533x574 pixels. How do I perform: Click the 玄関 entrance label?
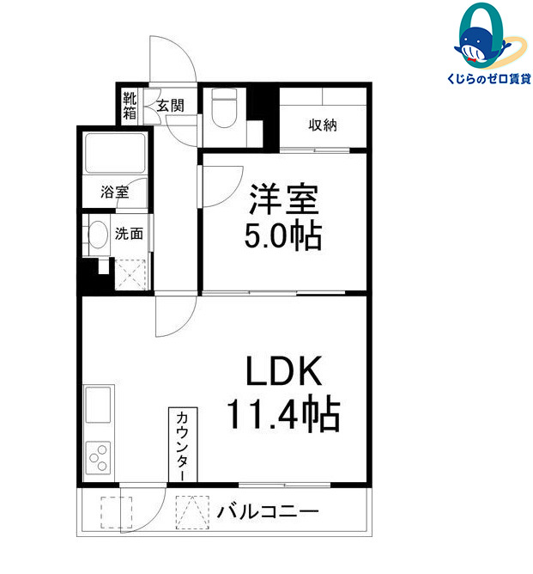click(170, 106)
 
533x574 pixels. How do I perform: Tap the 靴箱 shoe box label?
click(130, 105)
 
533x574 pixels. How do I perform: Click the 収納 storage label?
click(323, 125)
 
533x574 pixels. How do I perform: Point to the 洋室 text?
click(283, 201)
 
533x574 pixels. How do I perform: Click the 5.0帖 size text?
click(283, 235)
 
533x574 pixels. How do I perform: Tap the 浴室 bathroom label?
click(116, 192)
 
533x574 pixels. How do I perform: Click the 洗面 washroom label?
click(129, 233)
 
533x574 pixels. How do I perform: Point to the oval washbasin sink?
click(98, 234)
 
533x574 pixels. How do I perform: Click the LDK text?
click(284, 371)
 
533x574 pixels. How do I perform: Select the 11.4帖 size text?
click(283, 415)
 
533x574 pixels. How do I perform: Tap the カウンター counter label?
click(183, 445)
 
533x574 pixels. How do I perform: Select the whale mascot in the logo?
click(482, 43)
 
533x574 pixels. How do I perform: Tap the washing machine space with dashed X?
click(131, 274)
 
